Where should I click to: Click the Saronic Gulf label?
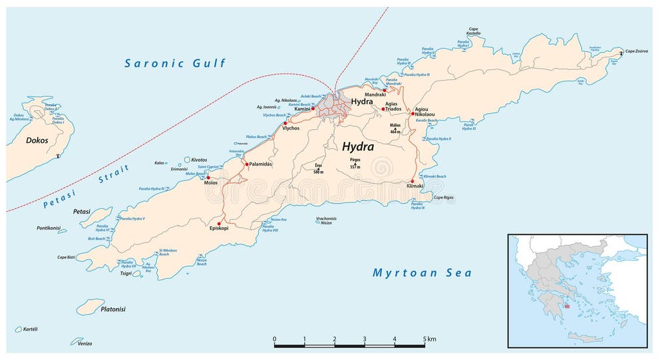(x=176, y=64)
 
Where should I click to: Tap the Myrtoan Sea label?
(x=422, y=273)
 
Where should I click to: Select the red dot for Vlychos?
(x=285, y=123)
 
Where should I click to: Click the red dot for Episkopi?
(x=220, y=224)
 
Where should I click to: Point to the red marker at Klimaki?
(x=412, y=181)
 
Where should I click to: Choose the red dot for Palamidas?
(x=247, y=164)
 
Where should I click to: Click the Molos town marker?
(x=208, y=178)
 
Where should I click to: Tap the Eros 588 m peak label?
(x=318, y=169)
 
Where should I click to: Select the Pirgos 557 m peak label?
(x=355, y=164)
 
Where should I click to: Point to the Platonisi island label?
(x=113, y=309)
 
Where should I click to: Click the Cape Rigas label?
(x=443, y=198)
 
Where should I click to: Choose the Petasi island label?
(x=82, y=211)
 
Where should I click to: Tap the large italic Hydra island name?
(x=357, y=146)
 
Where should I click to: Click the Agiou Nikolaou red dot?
(x=412, y=114)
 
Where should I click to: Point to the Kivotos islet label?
(x=199, y=160)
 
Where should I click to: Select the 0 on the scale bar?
(x=274, y=339)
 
